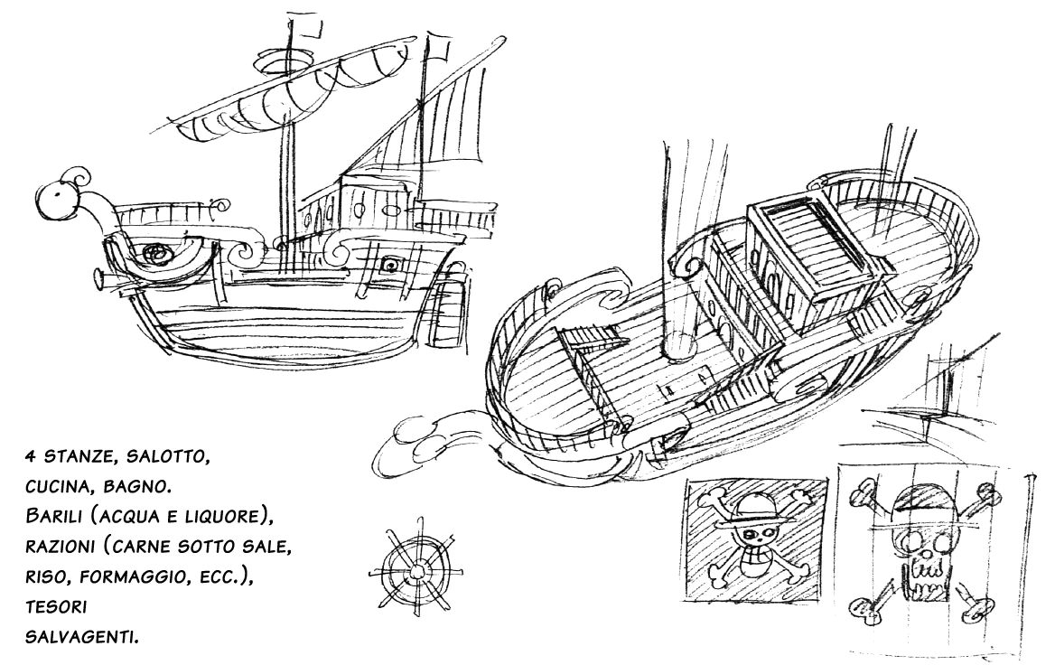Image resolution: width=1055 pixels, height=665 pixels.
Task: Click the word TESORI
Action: coord(54,609)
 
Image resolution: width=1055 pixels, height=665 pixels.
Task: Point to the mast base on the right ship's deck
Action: coord(679,344)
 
